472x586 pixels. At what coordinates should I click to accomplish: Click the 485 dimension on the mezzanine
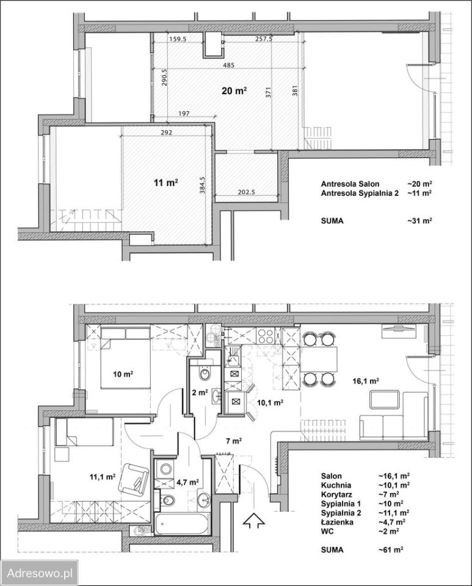point(228,65)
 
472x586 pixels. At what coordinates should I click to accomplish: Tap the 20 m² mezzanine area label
point(234,90)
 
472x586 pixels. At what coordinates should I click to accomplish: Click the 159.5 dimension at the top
point(178,38)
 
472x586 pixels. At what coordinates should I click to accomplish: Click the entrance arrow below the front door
point(253,520)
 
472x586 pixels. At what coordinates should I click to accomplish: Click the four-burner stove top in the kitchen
point(266,336)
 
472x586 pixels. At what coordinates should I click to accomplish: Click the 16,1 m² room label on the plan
point(366,381)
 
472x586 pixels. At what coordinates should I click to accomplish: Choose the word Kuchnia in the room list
point(336,485)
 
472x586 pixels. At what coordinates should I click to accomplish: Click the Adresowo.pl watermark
point(40,573)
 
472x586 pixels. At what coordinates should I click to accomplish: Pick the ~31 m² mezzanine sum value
point(419,220)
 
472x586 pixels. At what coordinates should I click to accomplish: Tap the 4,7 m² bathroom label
point(187,482)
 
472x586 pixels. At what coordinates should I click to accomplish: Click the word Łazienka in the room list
point(336,522)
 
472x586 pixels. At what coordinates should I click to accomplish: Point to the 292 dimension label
point(166,132)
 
